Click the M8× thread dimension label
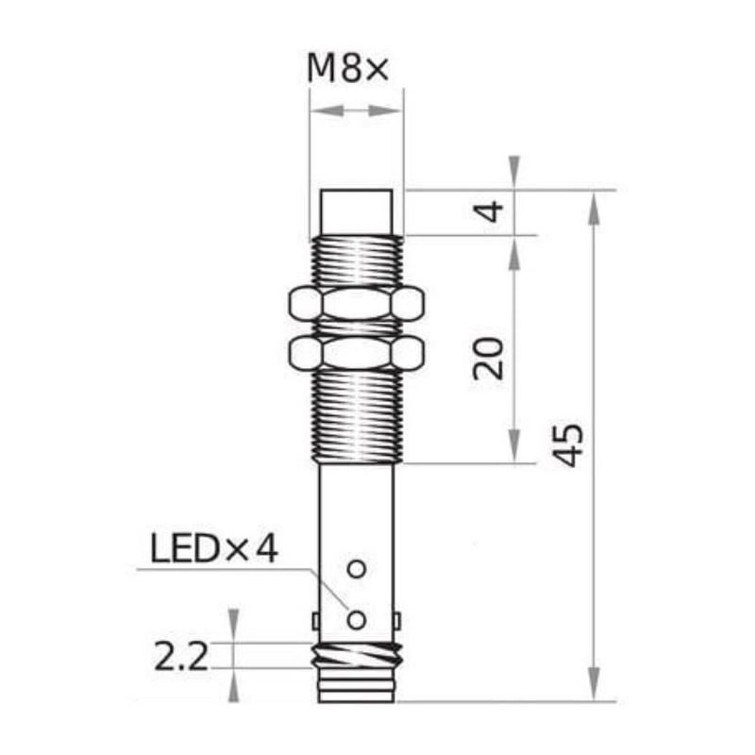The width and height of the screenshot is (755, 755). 349,69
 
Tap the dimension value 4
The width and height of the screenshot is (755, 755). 490,210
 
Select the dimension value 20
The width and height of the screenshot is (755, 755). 490,356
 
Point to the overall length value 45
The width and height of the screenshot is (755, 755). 568,446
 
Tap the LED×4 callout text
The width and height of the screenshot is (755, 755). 214,548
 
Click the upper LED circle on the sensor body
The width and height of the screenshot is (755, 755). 356,569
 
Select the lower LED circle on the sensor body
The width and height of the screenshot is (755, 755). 356,619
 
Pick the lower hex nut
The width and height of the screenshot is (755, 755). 356,354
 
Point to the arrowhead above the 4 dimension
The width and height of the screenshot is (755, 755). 514,173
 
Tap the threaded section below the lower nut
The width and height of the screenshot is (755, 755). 356,415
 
